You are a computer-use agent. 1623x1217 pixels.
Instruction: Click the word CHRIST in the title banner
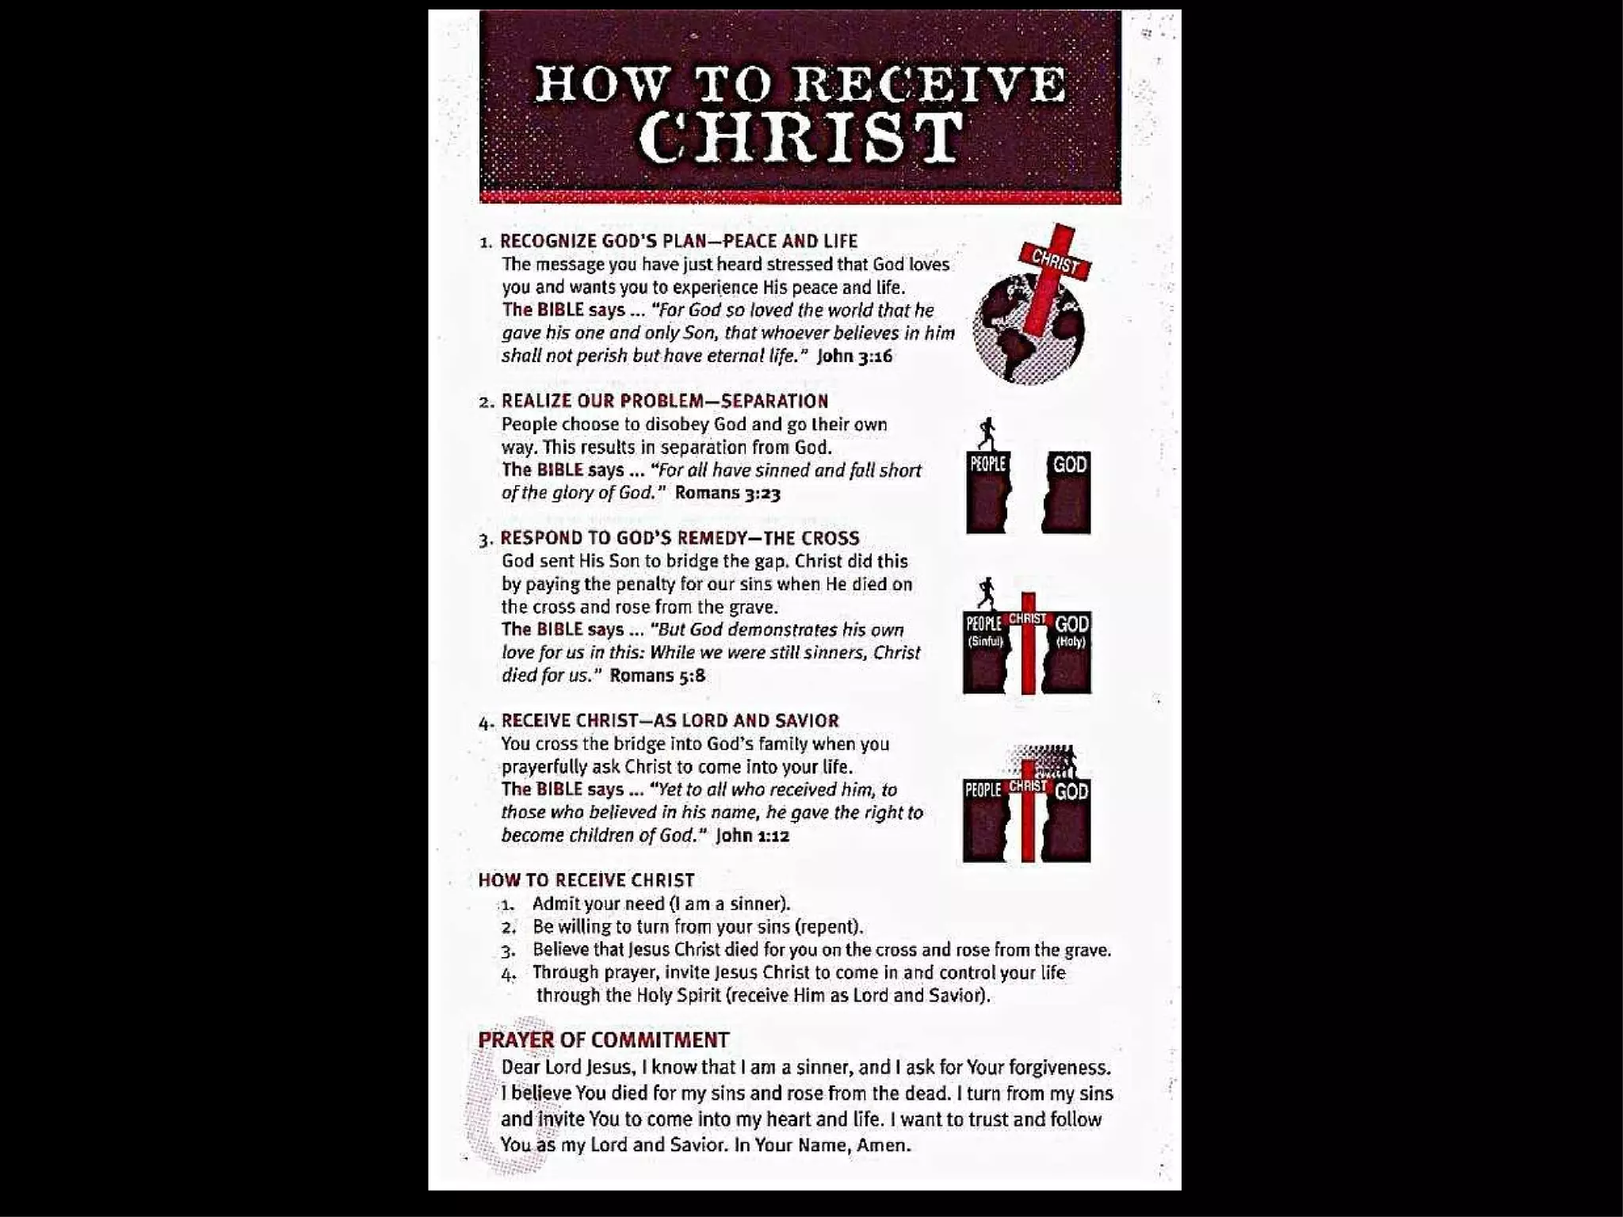pos(800,136)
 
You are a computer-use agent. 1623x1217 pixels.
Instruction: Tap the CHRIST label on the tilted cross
pos(1055,260)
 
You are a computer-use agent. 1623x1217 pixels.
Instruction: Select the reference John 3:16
pos(854,356)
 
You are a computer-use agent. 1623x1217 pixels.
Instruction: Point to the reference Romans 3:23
pos(727,493)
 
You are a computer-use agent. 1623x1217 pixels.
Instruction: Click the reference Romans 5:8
pos(657,675)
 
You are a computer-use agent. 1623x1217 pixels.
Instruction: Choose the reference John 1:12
pos(752,835)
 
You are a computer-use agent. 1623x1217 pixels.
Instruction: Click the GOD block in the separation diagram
pos(1066,491)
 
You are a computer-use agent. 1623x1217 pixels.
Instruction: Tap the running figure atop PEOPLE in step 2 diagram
pos(987,433)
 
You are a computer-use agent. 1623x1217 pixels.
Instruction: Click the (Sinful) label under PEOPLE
pos(985,641)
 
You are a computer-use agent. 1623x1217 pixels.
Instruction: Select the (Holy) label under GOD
pos(1071,641)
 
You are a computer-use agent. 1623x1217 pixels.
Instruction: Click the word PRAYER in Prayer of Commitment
pos(516,1040)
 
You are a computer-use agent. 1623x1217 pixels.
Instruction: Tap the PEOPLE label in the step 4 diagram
pos(983,789)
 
